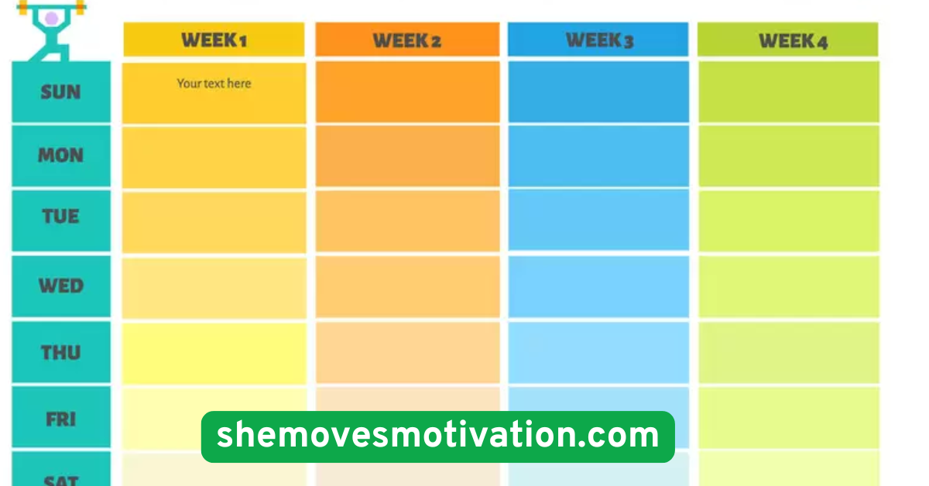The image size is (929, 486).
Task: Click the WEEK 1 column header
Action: point(214,39)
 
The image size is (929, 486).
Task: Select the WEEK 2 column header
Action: point(406,39)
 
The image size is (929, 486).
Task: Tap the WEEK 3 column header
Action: point(598,39)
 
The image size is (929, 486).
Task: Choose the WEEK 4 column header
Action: point(788,39)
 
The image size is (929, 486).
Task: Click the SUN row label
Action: point(61,92)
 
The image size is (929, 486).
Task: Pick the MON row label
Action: point(61,156)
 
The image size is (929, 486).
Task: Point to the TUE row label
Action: point(61,217)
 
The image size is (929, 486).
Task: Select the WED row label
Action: point(61,286)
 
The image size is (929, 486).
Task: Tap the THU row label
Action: point(61,353)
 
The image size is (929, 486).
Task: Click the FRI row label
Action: point(61,419)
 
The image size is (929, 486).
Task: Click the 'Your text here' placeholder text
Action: point(214,84)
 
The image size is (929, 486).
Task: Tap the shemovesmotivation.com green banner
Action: point(437,436)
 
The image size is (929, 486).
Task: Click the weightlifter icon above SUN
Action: point(52,29)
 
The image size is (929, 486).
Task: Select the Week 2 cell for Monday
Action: point(406,156)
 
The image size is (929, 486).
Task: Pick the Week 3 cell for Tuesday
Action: point(598,220)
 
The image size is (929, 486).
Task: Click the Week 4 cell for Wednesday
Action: point(788,286)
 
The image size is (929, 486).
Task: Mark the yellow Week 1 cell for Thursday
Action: point(214,353)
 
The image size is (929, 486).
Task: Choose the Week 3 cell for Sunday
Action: point(598,91)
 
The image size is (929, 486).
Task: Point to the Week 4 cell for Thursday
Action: point(788,353)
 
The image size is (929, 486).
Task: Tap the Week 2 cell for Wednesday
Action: point(406,286)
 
